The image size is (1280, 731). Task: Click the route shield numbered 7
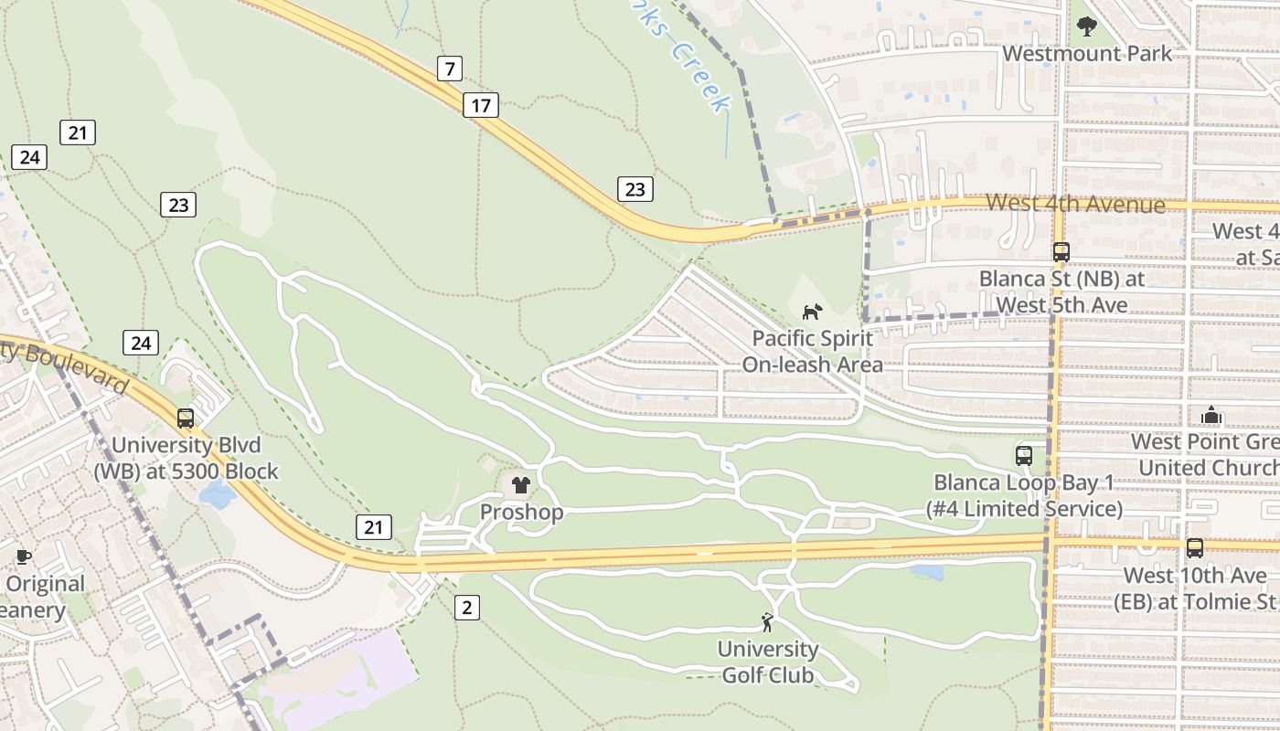click(449, 69)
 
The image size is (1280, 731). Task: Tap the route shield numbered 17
click(481, 105)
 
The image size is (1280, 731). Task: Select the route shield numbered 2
click(467, 607)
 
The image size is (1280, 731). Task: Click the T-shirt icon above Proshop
click(521, 485)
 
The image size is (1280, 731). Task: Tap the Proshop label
click(522, 512)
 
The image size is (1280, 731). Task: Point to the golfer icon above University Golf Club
click(767, 623)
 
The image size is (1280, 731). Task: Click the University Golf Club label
click(768, 662)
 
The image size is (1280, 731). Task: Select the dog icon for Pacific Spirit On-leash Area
click(812, 313)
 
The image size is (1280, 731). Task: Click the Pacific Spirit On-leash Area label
click(812, 352)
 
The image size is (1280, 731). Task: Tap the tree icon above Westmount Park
click(1086, 26)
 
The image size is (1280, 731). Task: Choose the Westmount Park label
click(1087, 54)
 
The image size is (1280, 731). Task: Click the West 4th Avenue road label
click(1075, 203)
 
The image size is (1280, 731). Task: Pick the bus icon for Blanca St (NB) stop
click(1061, 252)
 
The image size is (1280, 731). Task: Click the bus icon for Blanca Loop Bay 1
click(1024, 455)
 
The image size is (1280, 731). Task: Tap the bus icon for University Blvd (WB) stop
click(186, 418)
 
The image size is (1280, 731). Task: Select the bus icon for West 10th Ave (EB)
click(1195, 548)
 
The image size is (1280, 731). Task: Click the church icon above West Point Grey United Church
click(1211, 416)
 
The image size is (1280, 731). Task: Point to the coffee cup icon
click(24, 556)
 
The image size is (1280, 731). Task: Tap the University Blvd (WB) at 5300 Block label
click(186, 459)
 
